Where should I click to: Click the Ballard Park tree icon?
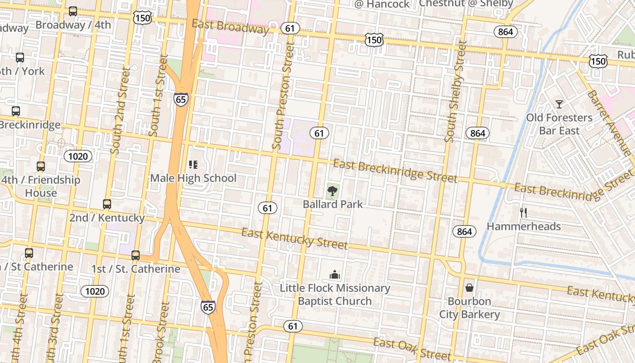(332, 191)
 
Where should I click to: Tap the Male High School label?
(193, 178)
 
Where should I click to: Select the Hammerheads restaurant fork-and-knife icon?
(523, 212)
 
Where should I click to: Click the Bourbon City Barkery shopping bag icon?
(469, 288)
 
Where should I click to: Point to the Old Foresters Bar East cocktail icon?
(559, 104)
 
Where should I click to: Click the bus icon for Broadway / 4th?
(73, 11)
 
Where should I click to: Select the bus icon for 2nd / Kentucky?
(107, 204)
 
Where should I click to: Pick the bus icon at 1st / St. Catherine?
(136, 255)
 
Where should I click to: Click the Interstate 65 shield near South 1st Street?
(181, 99)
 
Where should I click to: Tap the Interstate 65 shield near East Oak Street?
(208, 307)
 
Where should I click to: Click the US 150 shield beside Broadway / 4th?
(142, 18)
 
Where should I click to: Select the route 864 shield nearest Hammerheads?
(464, 231)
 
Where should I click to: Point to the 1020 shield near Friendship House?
(78, 156)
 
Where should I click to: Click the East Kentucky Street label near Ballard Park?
(294, 239)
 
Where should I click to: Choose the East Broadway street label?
(230, 26)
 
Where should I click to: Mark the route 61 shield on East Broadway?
(290, 28)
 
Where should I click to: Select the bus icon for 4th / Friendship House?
(41, 167)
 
